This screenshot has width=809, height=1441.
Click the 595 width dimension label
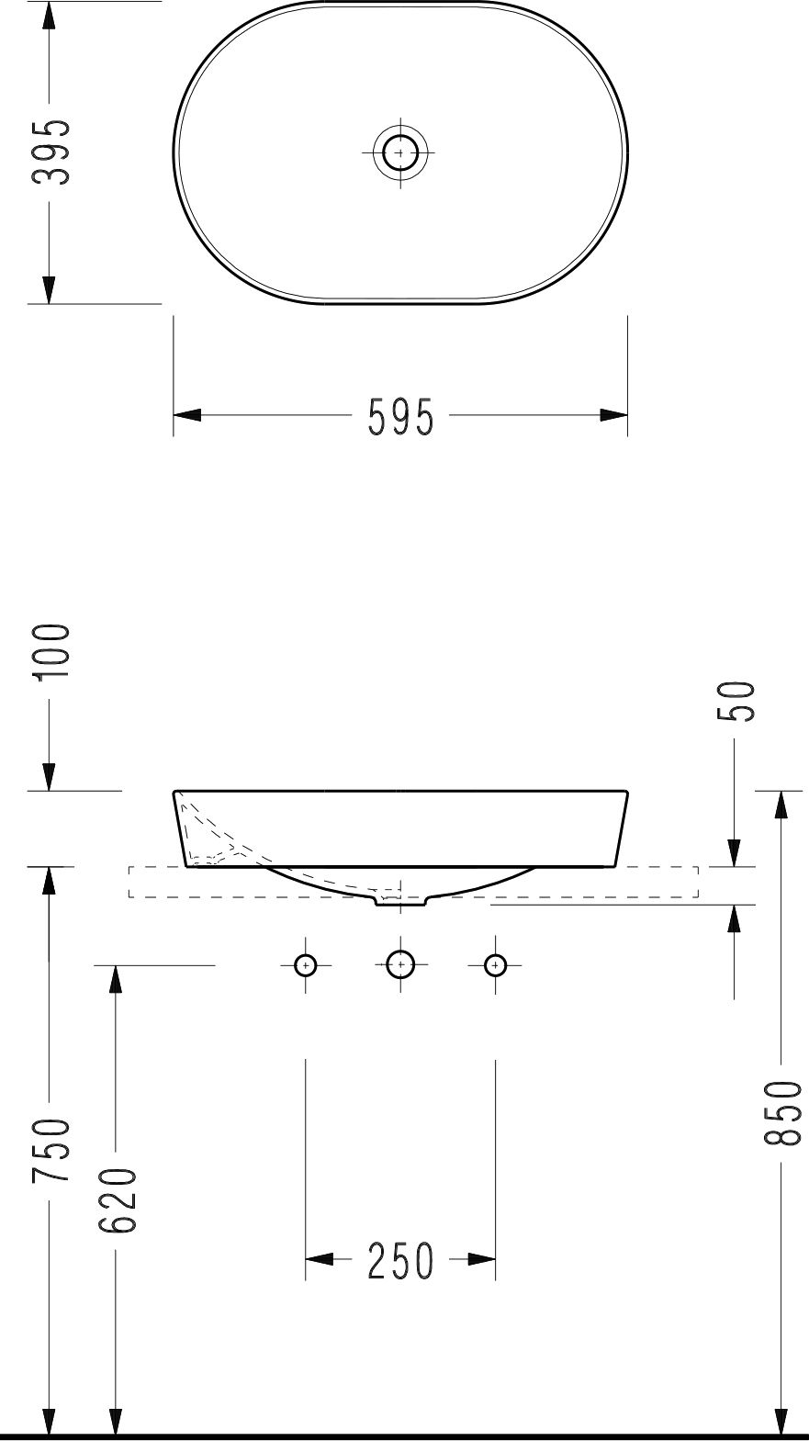click(400, 418)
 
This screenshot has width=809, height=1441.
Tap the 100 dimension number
click(50, 653)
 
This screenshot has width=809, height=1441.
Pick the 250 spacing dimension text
click(400, 1261)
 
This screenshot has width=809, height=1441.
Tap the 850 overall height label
click(781, 1113)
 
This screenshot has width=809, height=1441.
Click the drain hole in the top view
click(400, 152)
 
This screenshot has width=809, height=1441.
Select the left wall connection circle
click(305, 965)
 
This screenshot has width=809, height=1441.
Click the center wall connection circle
click(400, 965)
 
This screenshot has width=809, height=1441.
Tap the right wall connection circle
click(496, 965)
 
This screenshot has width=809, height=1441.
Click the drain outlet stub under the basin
click(400, 900)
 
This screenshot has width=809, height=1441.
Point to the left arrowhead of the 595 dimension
click(187, 415)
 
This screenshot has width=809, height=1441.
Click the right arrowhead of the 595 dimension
click(613, 415)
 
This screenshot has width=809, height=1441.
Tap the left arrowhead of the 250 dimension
click(318, 1259)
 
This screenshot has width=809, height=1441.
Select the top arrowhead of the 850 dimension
click(781, 805)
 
